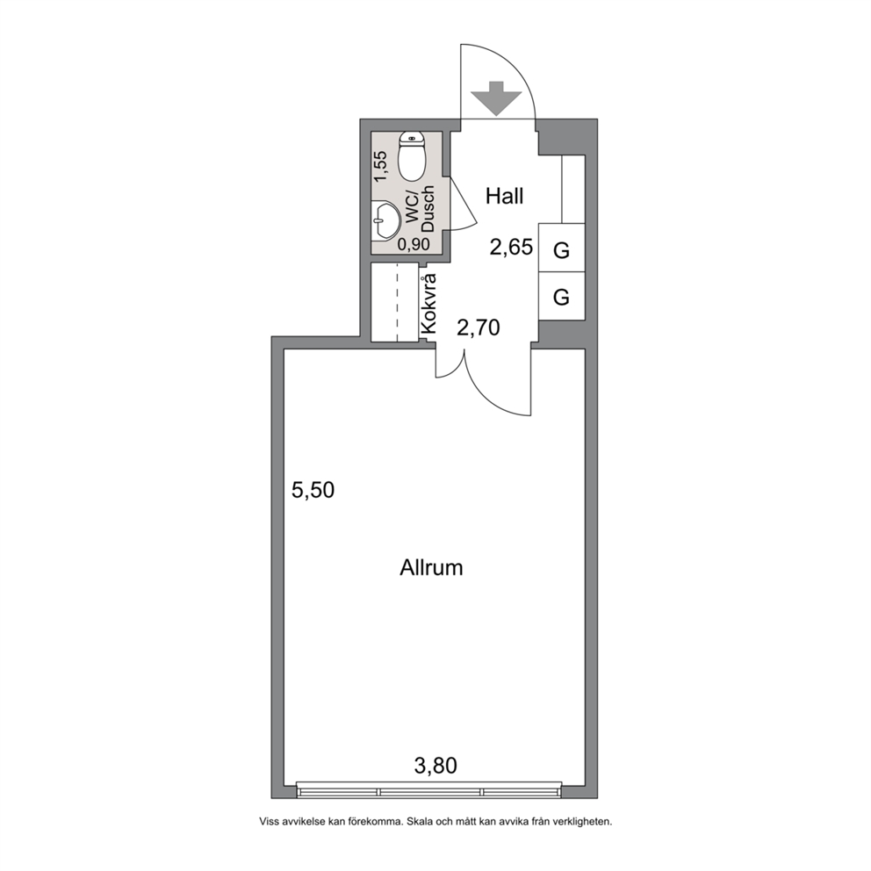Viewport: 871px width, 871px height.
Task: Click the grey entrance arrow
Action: click(496, 98)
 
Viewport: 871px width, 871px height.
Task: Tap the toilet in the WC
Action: click(412, 156)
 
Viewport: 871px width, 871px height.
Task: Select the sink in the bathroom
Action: click(385, 220)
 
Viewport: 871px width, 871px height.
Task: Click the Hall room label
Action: click(504, 196)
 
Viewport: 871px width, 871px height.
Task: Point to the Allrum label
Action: click(431, 568)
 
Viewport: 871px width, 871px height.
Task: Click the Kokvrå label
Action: click(428, 305)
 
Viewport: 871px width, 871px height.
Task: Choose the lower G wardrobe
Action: click(562, 296)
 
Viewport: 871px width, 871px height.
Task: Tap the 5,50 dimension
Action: click(313, 491)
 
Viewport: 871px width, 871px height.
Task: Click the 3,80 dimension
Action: click(435, 766)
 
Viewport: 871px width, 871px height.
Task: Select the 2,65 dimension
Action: click(511, 247)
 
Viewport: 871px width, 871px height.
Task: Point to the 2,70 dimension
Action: click(479, 328)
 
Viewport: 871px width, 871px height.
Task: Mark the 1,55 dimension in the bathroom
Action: click(380, 167)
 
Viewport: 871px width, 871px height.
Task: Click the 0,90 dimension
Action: click(414, 244)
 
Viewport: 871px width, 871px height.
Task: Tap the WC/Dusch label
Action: click(421, 210)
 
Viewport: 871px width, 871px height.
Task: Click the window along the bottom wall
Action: click(428, 789)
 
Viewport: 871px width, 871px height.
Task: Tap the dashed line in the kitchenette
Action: click(397, 303)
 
